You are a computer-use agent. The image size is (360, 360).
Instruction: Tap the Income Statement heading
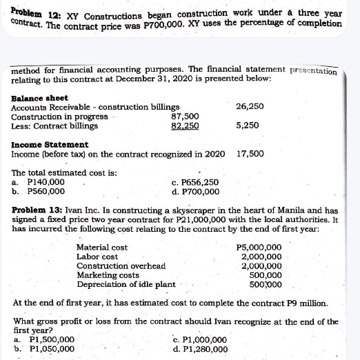50,144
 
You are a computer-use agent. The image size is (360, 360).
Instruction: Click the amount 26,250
250,108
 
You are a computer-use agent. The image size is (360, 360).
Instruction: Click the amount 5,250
248,126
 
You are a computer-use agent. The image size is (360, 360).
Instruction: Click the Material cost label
101,247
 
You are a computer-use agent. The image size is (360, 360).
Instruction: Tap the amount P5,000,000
259,247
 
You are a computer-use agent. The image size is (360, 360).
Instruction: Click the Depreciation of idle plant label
126,284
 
